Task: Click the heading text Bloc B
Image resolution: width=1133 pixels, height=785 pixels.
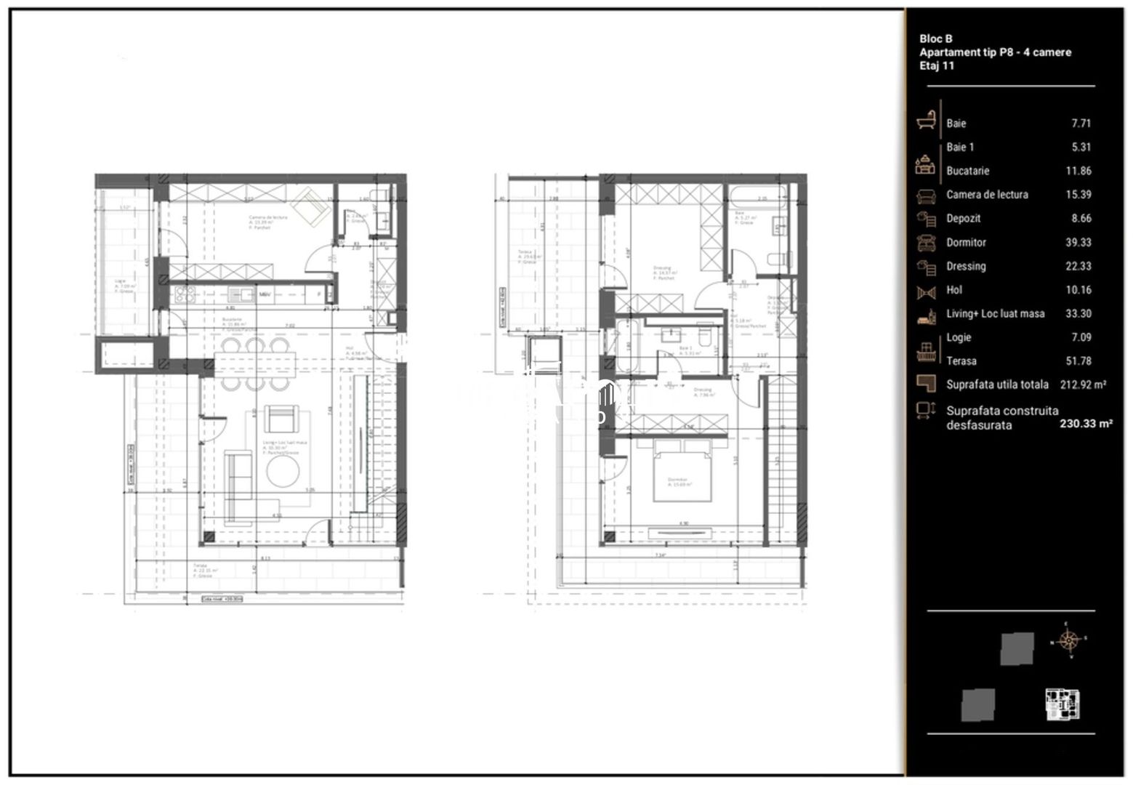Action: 935,39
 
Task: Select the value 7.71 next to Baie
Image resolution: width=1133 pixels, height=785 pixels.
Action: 1081,124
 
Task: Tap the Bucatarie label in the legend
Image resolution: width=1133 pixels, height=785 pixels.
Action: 967,171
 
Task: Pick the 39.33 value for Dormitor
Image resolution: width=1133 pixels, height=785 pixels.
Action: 1078,242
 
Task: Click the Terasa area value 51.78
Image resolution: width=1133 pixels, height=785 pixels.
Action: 1078,361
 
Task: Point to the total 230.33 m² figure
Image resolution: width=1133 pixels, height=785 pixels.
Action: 1086,424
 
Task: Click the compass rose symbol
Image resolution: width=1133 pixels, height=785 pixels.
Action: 1068,640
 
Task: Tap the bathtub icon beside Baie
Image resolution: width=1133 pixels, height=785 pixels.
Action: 926,120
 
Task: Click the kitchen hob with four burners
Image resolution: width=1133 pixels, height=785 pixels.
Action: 185,294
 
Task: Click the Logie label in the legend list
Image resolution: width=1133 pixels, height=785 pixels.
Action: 958,337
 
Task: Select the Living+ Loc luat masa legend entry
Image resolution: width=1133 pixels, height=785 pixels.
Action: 995,313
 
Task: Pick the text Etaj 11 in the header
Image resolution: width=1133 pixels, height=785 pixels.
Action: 937,65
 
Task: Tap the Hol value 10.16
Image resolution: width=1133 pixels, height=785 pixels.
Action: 1078,289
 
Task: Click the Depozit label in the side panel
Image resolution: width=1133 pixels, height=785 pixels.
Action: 963,218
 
